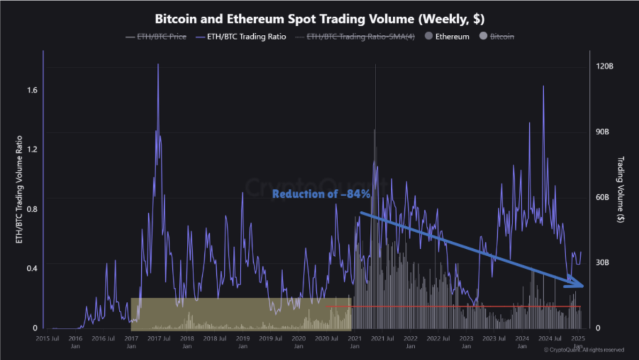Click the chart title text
319,19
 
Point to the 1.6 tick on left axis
32,90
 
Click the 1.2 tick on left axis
32,150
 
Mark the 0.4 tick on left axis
32,269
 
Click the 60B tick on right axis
603,197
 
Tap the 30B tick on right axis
603,263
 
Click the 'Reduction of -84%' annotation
321,194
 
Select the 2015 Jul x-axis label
47,339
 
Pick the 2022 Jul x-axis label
438,339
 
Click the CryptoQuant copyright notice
583,350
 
